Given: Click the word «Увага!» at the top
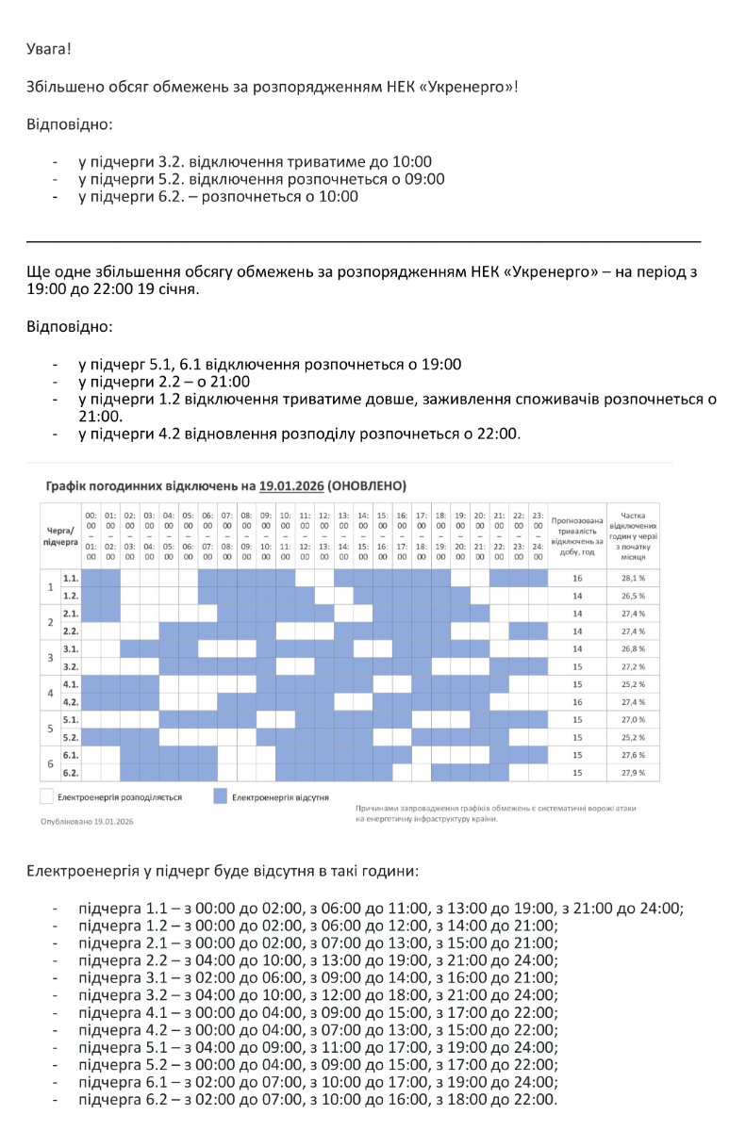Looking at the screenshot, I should click(49, 46).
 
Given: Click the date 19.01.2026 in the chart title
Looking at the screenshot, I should click(291, 486).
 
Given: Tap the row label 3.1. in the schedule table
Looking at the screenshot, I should click(70, 648).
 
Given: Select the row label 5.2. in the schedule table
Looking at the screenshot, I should click(70, 737).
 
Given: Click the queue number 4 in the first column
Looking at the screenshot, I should click(50, 693).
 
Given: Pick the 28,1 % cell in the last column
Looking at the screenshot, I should click(634, 578).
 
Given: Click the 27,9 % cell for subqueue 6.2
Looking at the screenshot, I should click(634, 773).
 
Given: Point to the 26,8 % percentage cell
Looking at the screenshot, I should click(634, 648).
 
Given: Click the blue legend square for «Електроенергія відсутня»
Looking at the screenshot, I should click(220, 797).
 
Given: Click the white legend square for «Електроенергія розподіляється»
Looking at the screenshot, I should click(47, 797).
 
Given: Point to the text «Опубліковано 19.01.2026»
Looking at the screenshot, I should click(88, 821).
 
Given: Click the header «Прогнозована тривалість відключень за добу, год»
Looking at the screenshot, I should click(577, 535).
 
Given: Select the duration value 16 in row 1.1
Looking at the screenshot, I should click(577, 578).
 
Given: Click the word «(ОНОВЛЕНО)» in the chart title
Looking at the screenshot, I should click(367, 486).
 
